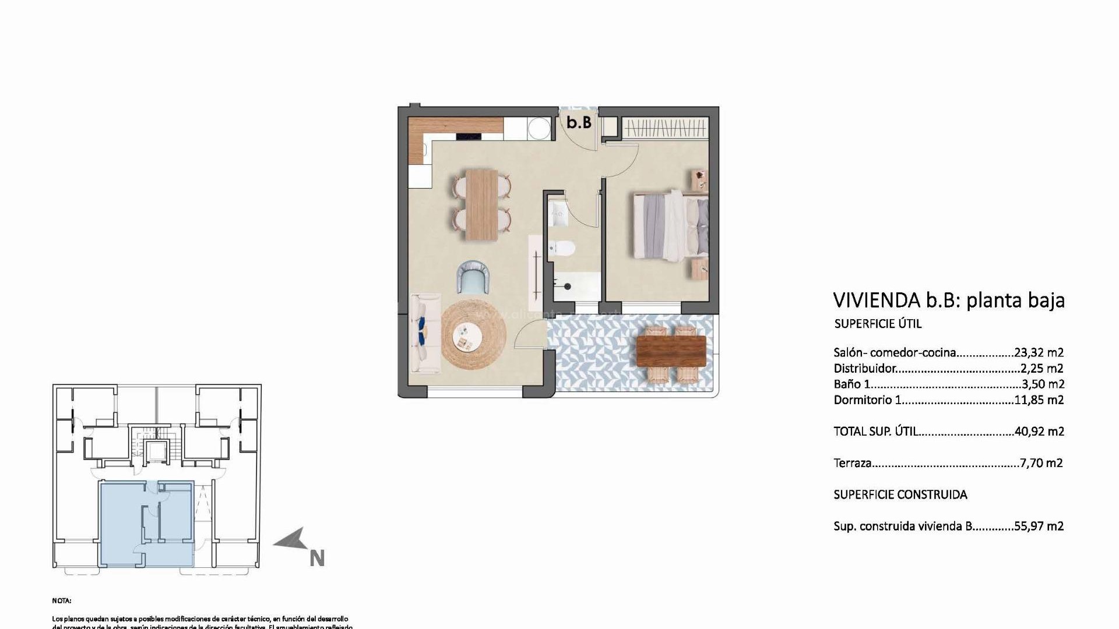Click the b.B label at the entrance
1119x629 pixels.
click(579, 123)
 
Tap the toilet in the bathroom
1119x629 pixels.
click(562, 249)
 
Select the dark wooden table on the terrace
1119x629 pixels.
click(671, 351)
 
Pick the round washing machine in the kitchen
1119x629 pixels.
click(539, 128)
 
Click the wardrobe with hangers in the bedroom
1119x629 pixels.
click(665, 128)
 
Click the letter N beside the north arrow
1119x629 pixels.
click(316, 559)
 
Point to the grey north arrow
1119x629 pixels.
click(291, 540)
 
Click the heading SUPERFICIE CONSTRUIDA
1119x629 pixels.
click(900, 495)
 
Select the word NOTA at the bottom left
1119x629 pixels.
click(61, 600)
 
